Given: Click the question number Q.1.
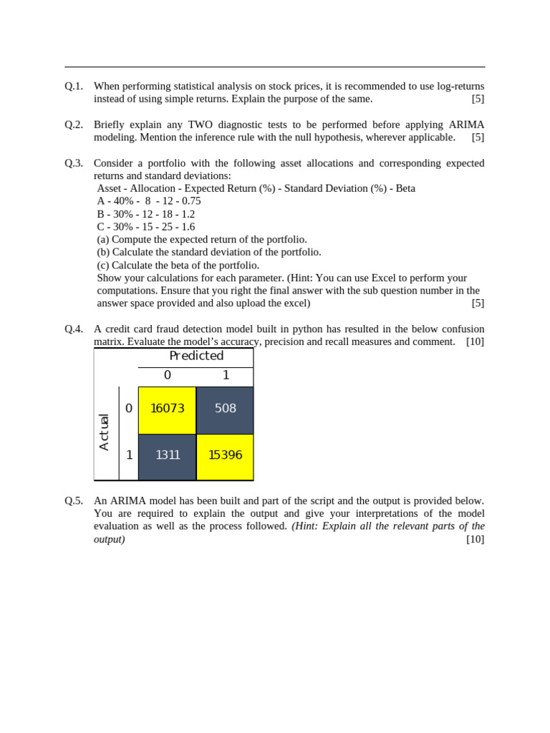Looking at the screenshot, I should (x=74, y=86).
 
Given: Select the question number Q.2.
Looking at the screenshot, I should (x=74, y=125).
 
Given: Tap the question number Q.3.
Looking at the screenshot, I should (x=74, y=163).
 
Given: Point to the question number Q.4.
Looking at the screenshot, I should (x=74, y=329).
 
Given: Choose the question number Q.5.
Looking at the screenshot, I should (x=74, y=500).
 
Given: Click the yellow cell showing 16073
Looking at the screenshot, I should (x=167, y=409).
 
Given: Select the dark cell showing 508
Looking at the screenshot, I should (x=225, y=409).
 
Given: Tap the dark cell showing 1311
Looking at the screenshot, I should (x=167, y=456).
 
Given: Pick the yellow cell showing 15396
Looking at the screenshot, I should (x=225, y=456).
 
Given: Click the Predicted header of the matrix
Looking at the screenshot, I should (x=196, y=356).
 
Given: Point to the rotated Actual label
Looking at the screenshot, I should (x=105, y=432).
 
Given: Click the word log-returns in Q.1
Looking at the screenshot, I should (x=458, y=86).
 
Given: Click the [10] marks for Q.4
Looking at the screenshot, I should (x=475, y=342).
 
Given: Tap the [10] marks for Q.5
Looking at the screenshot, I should (x=475, y=539).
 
